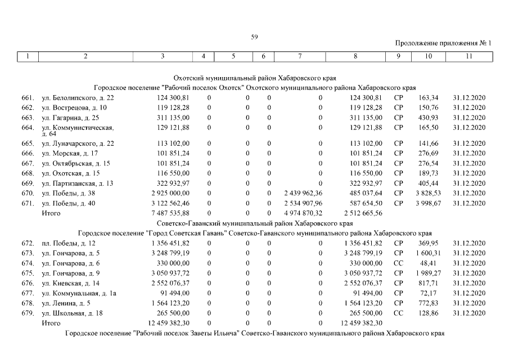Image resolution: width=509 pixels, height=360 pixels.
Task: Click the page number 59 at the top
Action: pyautogui.click(x=254, y=37)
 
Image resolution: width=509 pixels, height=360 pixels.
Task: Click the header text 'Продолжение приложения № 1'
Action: pyautogui.click(x=443, y=43)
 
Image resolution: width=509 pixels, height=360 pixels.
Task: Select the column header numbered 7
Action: pyautogui.click(x=299, y=56)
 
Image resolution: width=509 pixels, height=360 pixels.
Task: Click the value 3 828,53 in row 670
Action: pyautogui.click(x=426, y=193)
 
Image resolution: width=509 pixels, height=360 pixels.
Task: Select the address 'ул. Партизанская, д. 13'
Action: pyautogui.click(x=78, y=183)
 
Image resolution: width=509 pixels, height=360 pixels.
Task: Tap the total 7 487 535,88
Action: pyautogui.click(x=170, y=214)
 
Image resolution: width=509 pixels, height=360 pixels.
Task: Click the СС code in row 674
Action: pyautogui.click(x=398, y=263)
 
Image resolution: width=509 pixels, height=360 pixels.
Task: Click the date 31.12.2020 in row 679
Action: pyautogui.click(x=469, y=313)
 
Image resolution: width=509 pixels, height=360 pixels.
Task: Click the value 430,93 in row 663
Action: pyautogui.click(x=428, y=118)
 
